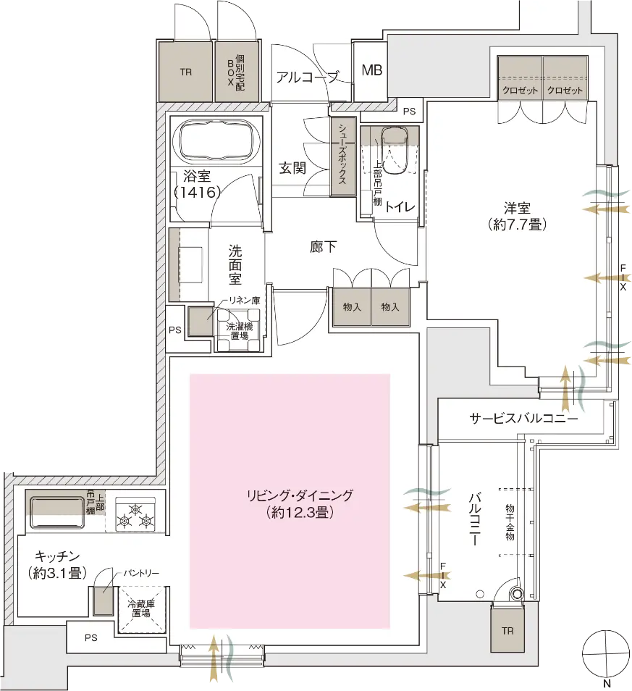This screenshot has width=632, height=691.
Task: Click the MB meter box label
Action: point(372,70)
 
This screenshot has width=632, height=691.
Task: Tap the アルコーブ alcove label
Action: point(307,77)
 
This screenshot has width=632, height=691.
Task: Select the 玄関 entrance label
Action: point(292,167)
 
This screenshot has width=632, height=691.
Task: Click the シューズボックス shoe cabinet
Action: point(342,156)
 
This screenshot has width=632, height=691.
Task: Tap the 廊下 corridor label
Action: point(323,246)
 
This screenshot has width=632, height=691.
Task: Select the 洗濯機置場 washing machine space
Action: point(240,330)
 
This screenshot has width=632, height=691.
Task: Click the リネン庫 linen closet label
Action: point(245,300)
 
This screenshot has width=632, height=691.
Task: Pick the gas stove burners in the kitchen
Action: point(136,514)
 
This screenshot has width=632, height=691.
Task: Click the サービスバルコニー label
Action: point(523,419)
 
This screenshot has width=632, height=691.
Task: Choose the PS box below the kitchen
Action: point(90,638)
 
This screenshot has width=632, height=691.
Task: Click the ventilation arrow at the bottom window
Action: point(214,659)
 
